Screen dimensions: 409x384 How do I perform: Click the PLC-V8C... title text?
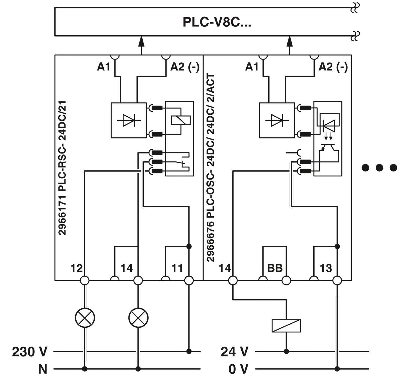click(217, 22)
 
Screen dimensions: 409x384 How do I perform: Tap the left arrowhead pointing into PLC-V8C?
click(141, 41)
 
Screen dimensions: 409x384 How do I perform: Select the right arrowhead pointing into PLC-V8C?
click(290, 41)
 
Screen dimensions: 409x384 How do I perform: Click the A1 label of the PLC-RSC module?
click(104, 67)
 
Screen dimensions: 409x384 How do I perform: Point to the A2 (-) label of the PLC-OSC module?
click(333, 67)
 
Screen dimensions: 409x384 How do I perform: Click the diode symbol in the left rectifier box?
click(129, 120)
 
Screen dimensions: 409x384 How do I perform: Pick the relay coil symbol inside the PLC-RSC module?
click(181, 120)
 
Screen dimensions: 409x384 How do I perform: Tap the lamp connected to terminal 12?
click(85, 318)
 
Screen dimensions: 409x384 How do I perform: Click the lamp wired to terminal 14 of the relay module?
click(138, 318)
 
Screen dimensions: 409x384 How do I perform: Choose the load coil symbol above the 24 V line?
click(286, 326)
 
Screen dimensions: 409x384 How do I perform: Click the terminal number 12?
click(76, 268)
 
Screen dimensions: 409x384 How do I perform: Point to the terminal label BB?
click(275, 268)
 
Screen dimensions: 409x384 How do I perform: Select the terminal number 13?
click(326, 268)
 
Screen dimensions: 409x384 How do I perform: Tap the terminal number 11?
click(177, 268)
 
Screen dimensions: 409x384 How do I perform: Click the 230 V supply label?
click(30, 352)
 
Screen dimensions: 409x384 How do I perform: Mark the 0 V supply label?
click(238, 369)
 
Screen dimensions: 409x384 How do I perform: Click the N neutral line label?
click(43, 369)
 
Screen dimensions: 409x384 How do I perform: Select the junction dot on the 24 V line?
click(286, 351)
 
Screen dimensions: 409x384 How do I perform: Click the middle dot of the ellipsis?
click(379, 167)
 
